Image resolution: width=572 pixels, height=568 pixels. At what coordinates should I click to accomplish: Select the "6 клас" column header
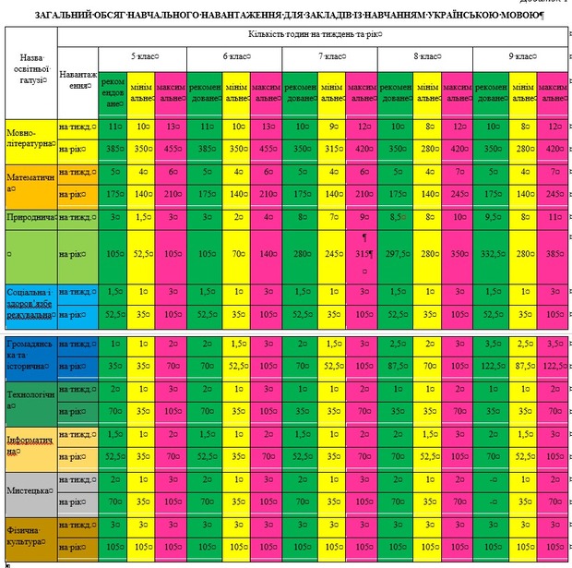[236, 56]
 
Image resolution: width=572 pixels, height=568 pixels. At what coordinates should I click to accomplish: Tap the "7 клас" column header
[331, 56]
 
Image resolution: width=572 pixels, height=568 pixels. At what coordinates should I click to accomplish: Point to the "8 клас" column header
[425, 56]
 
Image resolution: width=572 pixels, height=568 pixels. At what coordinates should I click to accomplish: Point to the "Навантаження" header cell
[76, 79]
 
